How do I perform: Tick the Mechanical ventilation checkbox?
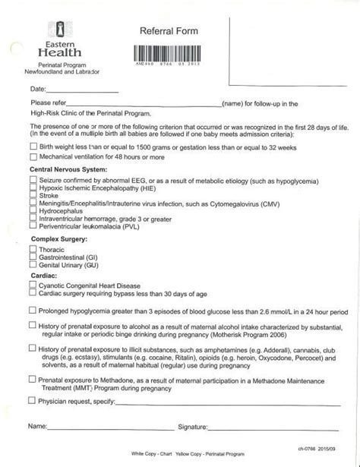(x=32, y=156)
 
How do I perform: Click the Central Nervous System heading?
(x=68, y=169)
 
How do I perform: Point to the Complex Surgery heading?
(x=62, y=238)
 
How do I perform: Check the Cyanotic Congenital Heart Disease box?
(x=32, y=285)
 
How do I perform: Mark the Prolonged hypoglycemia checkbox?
(x=32, y=311)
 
